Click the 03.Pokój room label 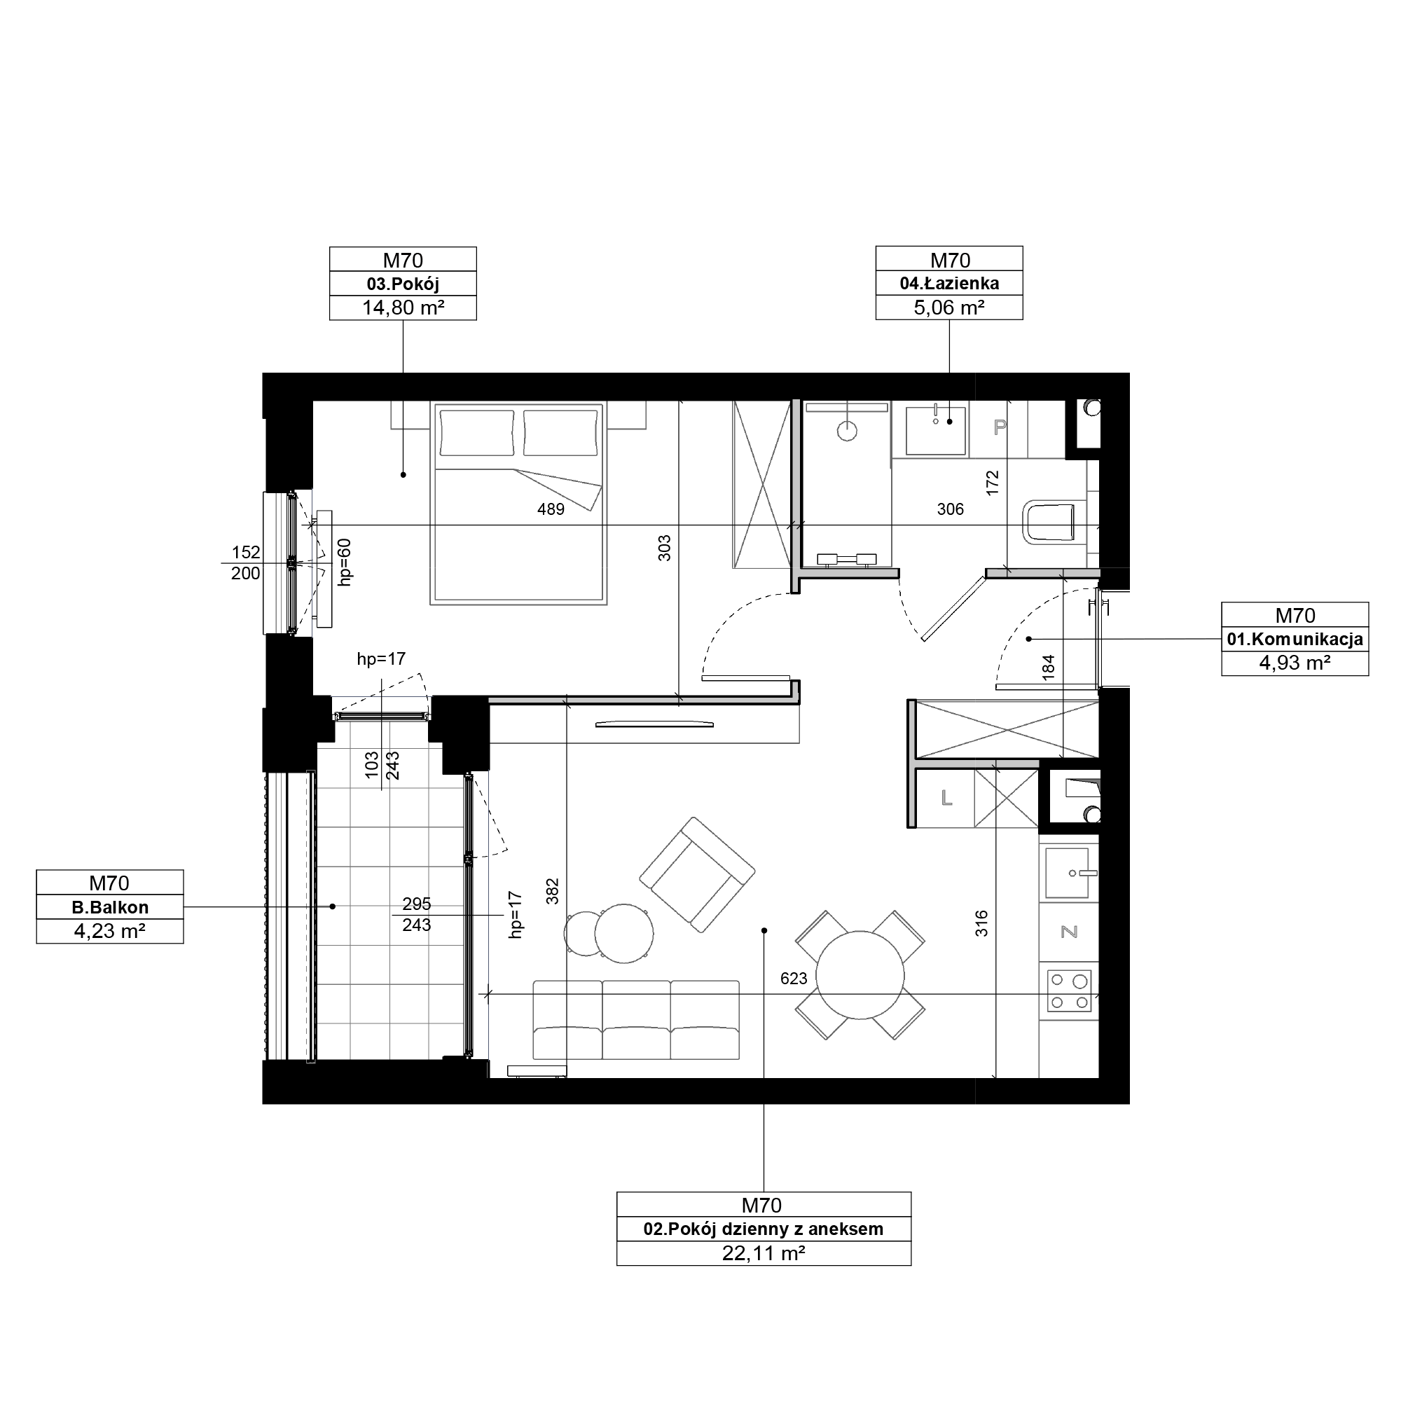pyautogui.click(x=403, y=284)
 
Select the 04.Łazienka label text pyautogui.click(x=949, y=284)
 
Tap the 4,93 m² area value pyautogui.click(x=1295, y=663)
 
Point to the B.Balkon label pyautogui.click(x=110, y=907)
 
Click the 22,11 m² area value pyautogui.click(x=764, y=1253)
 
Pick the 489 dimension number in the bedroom pyautogui.click(x=551, y=509)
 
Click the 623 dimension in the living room pyautogui.click(x=794, y=978)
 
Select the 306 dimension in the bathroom pyautogui.click(x=950, y=509)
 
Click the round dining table pyautogui.click(x=860, y=975)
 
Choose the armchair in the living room pyautogui.click(x=697, y=874)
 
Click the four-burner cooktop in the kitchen pyautogui.click(x=1069, y=991)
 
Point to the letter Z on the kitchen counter pyautogui.click(x=1069, y=932)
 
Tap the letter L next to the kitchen pyautogui.click(x=946, y=799)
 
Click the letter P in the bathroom pyautogui.click(x=1000, y=427)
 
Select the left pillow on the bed pyautogui.click(x=477, y=433)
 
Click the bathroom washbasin pyautogui.click(x=935, y=430)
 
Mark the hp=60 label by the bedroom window pyautogui.click(x=345, y=562)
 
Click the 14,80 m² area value pyautogui.click(x=403, y=308)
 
